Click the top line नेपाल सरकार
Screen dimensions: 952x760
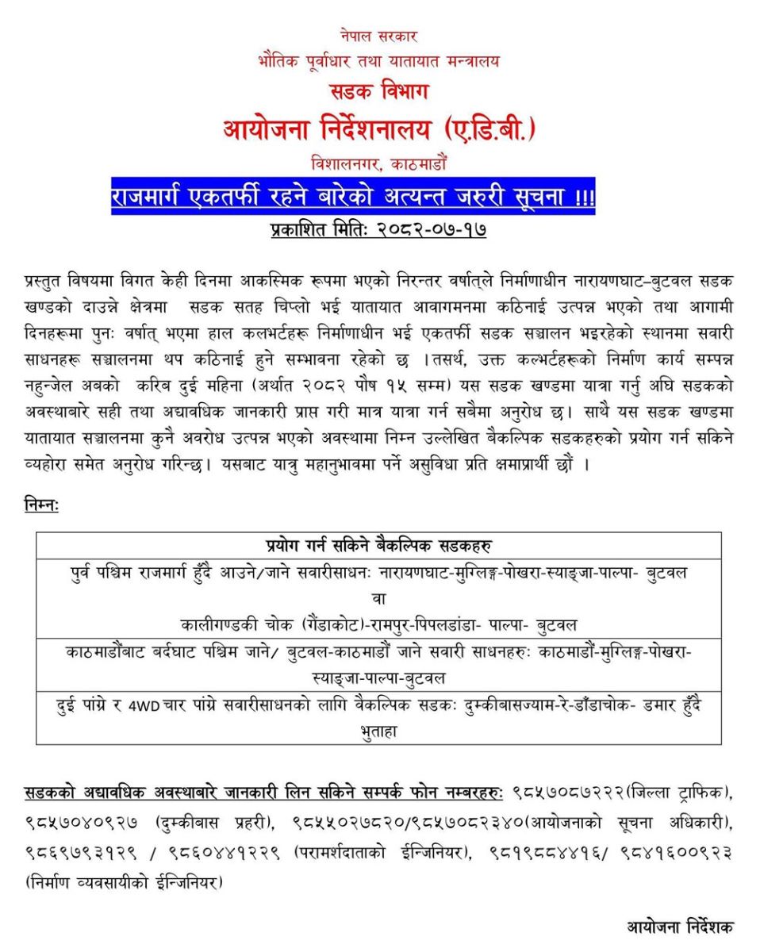click(379, 36)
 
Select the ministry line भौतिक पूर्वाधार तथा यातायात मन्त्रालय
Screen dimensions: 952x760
click(379, 60)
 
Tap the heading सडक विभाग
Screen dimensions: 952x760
click(379, 91)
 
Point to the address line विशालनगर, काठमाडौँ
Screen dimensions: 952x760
click(379, 164)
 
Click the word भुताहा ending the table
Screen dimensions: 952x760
click(379, 731)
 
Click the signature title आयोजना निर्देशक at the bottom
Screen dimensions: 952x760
click(680, 926)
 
